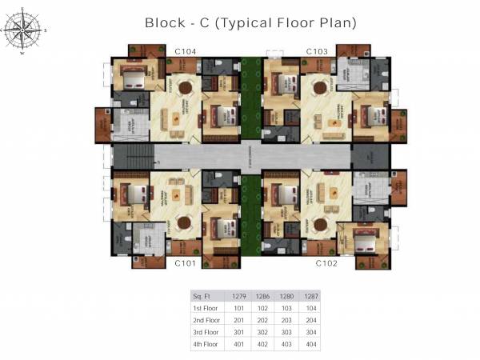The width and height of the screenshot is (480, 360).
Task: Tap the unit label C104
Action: point(186,51)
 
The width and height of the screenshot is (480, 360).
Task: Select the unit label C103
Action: point(317,51)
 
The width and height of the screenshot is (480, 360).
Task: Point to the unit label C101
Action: point(186,262)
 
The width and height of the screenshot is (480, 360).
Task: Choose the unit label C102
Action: point(327,262)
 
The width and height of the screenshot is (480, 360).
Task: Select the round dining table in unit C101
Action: point(187,223)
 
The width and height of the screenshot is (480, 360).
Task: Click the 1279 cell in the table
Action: point(238,294)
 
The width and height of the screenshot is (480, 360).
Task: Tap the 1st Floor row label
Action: point(206,307)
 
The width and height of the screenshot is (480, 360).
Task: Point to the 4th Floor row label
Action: point(206,344)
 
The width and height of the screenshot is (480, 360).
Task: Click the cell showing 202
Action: point(262,319)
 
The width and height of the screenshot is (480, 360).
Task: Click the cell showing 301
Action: point(238,332)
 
